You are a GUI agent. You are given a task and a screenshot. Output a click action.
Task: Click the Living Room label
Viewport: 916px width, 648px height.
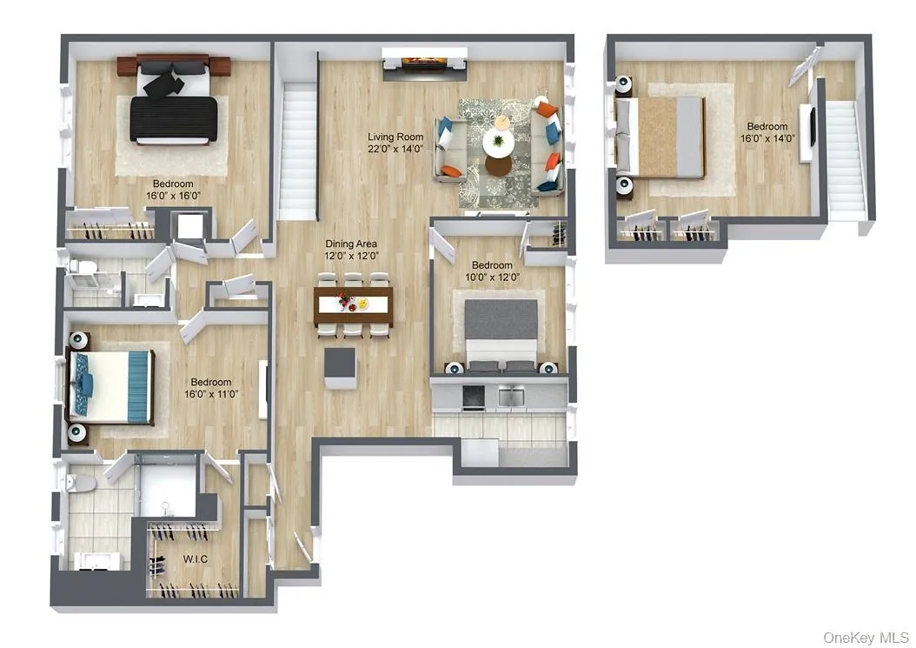395,137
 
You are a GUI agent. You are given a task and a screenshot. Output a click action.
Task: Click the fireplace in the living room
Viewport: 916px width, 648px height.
424,63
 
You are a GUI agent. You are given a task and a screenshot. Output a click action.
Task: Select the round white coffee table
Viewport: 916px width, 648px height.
498,144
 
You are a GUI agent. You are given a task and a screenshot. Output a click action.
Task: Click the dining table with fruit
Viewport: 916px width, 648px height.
353,304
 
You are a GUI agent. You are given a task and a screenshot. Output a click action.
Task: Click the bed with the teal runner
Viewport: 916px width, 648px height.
110,386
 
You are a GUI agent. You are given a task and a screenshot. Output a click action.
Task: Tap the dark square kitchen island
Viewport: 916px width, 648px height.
340,368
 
